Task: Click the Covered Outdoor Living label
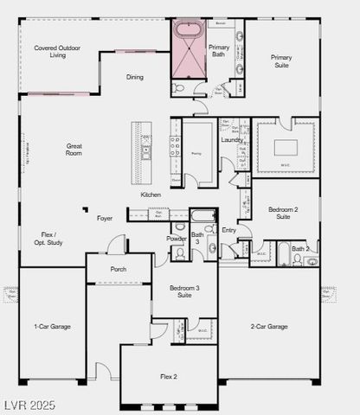[57, 51]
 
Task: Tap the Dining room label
[135, 78]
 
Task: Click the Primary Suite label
[280, 61]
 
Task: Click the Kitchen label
[151, 195]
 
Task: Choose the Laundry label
[231, 139]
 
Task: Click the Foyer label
[105, 218]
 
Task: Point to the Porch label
[119, 269]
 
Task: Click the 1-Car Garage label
[52, 326]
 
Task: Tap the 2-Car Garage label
[268, 326]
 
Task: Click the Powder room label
[177, 238]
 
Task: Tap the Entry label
[228, 230]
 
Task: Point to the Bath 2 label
[299, 249]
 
